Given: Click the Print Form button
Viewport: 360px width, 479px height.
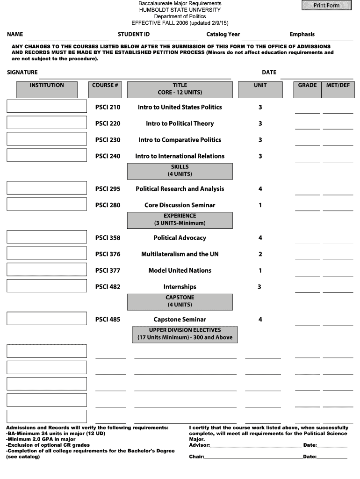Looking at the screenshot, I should [326, 5].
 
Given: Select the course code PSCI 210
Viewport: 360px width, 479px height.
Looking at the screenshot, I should [108, 107].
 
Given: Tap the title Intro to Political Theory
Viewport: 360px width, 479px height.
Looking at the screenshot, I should [180, 123].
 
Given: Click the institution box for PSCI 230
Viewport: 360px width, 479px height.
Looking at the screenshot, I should [47, 139].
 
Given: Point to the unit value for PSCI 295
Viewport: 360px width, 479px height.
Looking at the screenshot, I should [260, 189].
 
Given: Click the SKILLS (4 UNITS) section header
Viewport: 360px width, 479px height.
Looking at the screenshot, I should [180, 171].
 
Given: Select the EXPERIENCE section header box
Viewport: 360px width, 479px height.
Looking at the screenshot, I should [180, 219].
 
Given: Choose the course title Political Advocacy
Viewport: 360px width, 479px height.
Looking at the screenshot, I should [180, 238].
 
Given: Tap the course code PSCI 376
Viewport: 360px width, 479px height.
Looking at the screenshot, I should [108, 254].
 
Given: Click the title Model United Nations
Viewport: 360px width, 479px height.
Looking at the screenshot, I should [180, 271].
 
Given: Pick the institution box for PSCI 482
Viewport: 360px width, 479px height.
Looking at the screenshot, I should [47, 286].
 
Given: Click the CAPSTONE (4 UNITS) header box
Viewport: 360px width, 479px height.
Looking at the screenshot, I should [180, 301].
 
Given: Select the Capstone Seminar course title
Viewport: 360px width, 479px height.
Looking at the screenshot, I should [180, 320].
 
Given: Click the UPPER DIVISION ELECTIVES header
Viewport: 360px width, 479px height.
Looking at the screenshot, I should [185, 334].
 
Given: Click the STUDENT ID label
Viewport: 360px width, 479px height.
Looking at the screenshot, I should [134, 34].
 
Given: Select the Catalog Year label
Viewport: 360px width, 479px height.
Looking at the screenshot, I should [223, 34].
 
